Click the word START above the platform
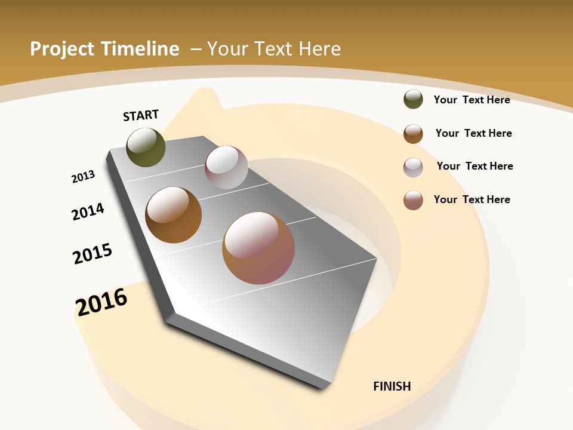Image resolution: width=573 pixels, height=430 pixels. point(141,115)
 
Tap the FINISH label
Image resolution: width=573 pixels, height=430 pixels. point(392,386)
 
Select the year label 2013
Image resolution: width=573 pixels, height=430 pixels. point(83,177)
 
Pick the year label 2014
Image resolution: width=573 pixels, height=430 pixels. point(88,212)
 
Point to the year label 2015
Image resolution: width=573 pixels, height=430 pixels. point(93,254)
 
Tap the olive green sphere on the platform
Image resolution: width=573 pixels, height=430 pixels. point(146,148)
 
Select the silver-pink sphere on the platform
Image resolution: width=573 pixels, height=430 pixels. point(226,167)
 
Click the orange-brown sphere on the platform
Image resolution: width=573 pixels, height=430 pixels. point(173,215)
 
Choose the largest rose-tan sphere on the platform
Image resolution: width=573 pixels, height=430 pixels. point(258,248)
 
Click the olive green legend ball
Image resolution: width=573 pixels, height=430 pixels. point(413,100)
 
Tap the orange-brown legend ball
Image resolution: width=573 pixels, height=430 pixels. point(413,134)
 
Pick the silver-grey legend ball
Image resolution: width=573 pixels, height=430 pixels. point(413,167)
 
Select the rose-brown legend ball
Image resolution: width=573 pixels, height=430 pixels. point(413,200)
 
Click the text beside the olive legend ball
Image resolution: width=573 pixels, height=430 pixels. point(472,100)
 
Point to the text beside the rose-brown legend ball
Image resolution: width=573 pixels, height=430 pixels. point(472,199)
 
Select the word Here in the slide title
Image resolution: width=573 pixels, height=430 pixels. point(319,49)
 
